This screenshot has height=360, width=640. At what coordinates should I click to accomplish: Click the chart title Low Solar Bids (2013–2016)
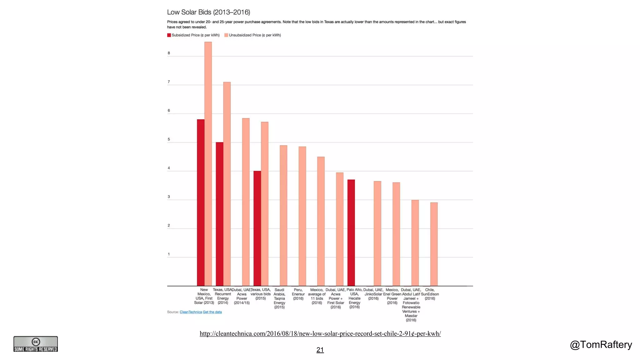tap(208, 12)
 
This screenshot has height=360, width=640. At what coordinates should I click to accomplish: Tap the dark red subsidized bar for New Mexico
tap(201, 203)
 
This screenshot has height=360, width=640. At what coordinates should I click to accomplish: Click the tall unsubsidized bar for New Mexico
tap(208, 164)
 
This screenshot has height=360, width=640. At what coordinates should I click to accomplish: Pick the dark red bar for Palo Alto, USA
tap(351, 233)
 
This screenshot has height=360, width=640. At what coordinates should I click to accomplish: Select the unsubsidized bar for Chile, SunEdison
tap(434, 244)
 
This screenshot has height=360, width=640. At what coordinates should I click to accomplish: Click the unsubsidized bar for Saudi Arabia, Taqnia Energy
tap(283, 216)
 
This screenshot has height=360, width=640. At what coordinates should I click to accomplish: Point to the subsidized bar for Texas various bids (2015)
tap(257, 228)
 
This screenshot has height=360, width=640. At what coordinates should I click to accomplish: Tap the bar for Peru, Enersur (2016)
tap(302, 216)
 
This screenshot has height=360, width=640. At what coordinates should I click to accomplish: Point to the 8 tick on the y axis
tap(169, 53)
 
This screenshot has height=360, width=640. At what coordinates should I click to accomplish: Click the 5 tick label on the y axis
tap(169, 139)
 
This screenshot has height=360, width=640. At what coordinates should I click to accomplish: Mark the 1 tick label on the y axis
tap(169, 254)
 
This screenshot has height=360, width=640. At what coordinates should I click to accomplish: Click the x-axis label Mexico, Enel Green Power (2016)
tap(392, 296)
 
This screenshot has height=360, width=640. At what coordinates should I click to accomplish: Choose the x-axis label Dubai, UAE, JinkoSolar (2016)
tap(373, 294)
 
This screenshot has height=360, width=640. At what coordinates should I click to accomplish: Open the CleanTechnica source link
tap(191, 312)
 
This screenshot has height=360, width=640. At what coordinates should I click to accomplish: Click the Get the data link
tap(212, 312)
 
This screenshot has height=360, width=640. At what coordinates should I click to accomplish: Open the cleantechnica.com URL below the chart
tap(320, 333)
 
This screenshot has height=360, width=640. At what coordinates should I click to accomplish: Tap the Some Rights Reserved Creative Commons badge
tap(36, 344)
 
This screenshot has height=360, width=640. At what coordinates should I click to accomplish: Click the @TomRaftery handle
tap(601, 345)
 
